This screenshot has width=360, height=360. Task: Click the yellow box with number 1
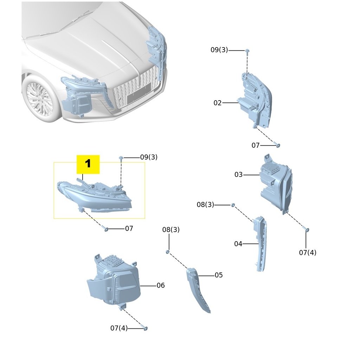point(88,164)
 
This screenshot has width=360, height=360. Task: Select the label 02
point(218,103)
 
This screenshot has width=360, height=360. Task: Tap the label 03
point(239,175)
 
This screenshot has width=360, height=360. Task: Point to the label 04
point(238,244)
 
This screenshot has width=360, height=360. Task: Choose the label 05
point(219,275)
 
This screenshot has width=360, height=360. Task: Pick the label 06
point(161,286)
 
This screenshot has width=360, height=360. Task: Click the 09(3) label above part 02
point(219,50)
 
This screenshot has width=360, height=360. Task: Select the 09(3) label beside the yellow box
point(149,157)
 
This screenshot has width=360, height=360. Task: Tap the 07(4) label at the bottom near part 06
point(119,328)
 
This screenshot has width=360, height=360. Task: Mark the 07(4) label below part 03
point(308,253)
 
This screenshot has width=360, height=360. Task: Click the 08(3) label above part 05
point(171,230)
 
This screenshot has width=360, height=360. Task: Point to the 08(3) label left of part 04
point(205,205)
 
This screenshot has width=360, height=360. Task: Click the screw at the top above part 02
point(247,51)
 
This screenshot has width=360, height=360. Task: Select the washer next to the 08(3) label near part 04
point(233,205)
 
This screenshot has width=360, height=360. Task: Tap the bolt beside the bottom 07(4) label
point(146,328)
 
